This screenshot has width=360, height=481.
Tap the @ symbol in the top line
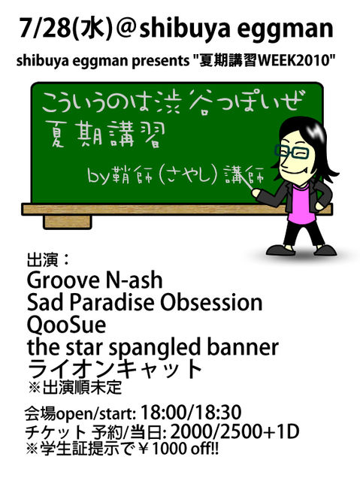pos(126,29)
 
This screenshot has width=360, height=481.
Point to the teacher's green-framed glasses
pos(292,152)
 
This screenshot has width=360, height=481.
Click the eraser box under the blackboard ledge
pos(68,222)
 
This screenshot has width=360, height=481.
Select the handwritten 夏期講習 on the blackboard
pos(104,135)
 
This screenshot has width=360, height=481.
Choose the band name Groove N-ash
pos(95,280)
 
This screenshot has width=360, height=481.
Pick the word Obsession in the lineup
pos(212,302)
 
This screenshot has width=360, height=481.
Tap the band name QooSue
pos(67,325)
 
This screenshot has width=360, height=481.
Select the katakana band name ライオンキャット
pos(114,369)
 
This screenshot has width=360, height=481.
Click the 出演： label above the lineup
pos(49,261)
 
